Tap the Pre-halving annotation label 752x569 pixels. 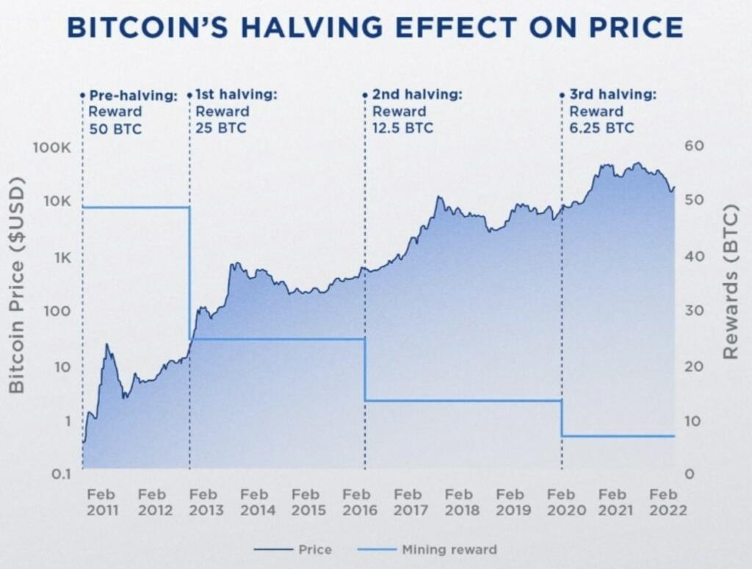(x=133, y=95)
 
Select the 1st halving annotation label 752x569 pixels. (x=236, y=95)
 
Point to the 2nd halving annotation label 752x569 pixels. (x=416, y=95)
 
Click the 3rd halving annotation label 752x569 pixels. (x=612, y=95)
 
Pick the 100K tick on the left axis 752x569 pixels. (x=51, y=148)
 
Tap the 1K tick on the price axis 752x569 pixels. (x=60, y=258)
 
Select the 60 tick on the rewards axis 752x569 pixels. (x=695, y=146)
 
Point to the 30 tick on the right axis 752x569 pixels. (x=695, y=311)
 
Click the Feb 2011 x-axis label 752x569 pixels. (x=102, y=503)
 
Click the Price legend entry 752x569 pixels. (x=293, y=549)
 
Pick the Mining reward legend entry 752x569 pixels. (x=427, y=549)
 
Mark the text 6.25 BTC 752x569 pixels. (x=601, y=128)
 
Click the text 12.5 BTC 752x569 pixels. (x=402, y=128)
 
